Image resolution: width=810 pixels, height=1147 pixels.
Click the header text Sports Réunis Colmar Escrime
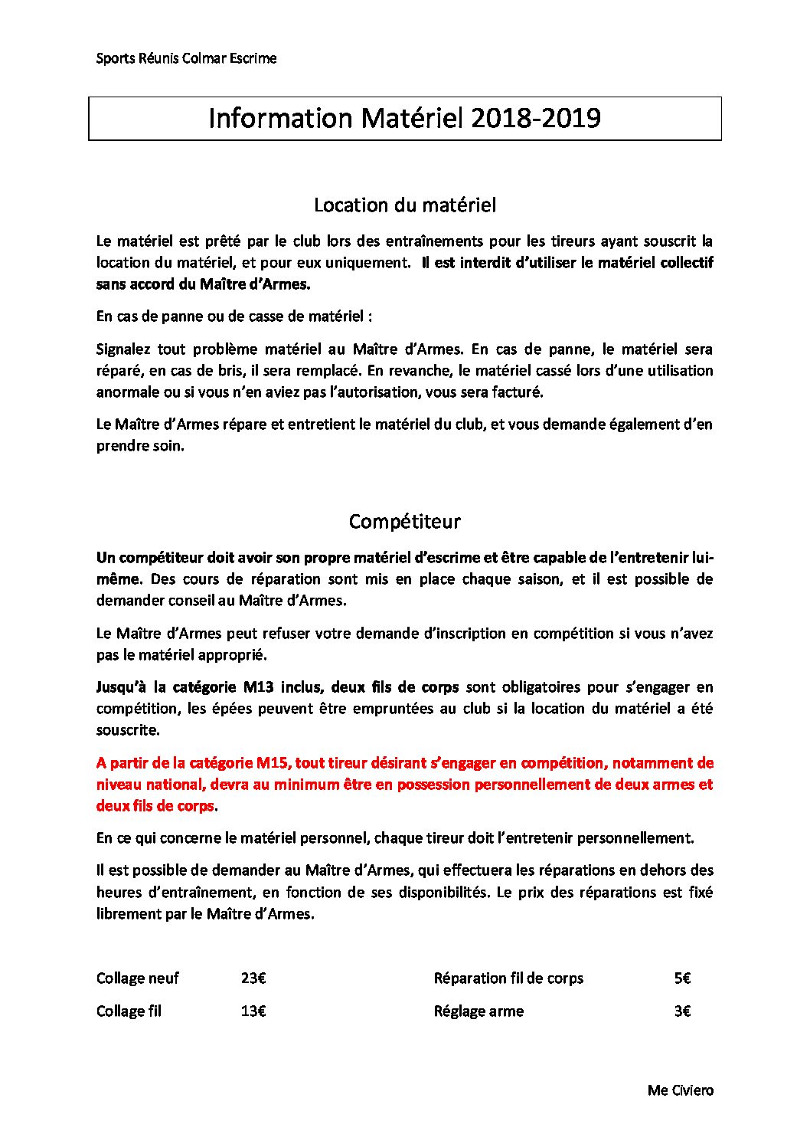186,58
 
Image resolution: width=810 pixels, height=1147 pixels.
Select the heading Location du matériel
405,205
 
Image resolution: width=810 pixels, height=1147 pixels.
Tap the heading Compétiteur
404,522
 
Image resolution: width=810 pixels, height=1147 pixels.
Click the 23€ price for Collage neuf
253,978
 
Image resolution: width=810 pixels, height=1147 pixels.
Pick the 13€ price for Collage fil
253,1011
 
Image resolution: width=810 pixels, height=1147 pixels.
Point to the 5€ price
682,978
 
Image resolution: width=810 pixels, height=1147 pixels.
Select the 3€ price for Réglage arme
682,1011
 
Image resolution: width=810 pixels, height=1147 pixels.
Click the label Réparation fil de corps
508,978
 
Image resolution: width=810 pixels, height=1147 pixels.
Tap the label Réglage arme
478,1011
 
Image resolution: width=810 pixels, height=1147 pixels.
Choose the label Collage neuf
138,978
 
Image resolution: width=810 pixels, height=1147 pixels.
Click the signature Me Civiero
680,1090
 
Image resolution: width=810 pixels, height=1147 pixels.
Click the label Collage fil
129,1011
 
